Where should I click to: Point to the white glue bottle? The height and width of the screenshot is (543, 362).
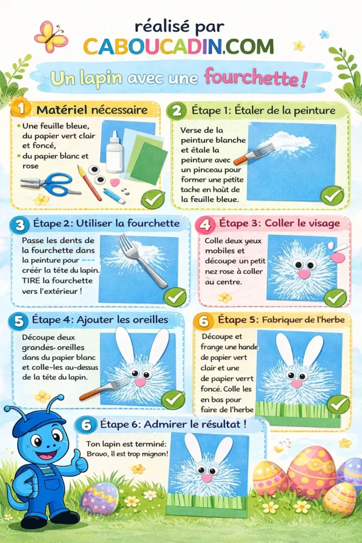click(114, 152)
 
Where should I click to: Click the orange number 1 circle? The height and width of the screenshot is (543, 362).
click(21, 109)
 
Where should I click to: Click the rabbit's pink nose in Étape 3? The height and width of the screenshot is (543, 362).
click(304, 274)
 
